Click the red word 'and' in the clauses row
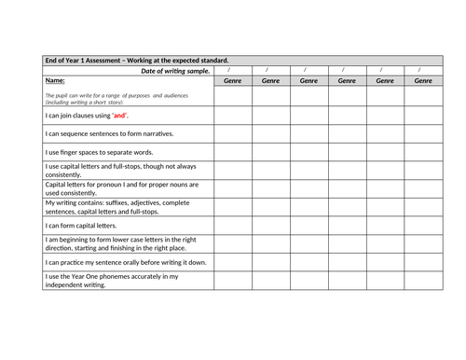pyautogui.click(x=118, y=116)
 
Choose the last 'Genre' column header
pyautogui.click(x=422, y=81)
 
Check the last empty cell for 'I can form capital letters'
pyautogui.click(x=422, y=225)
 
